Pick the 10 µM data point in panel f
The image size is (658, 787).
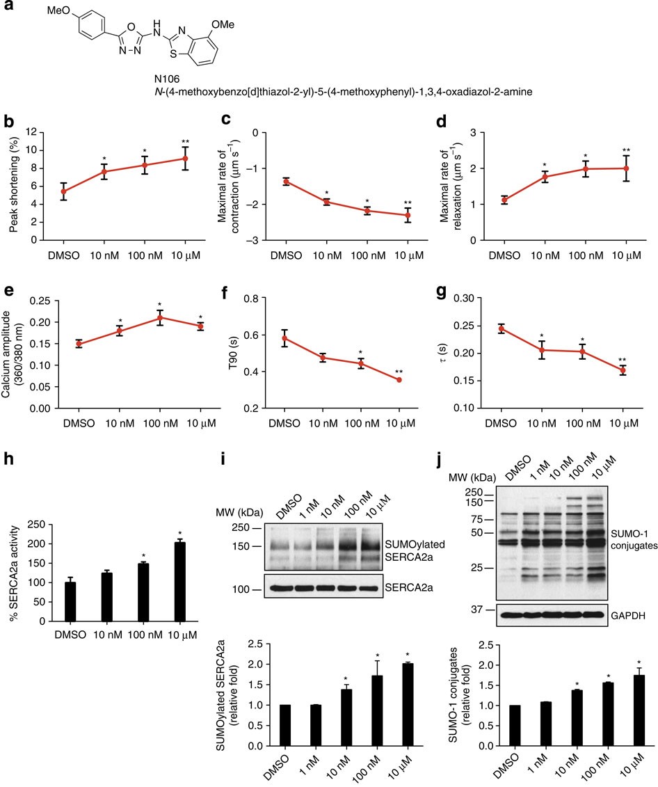(x=399, y=380)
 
